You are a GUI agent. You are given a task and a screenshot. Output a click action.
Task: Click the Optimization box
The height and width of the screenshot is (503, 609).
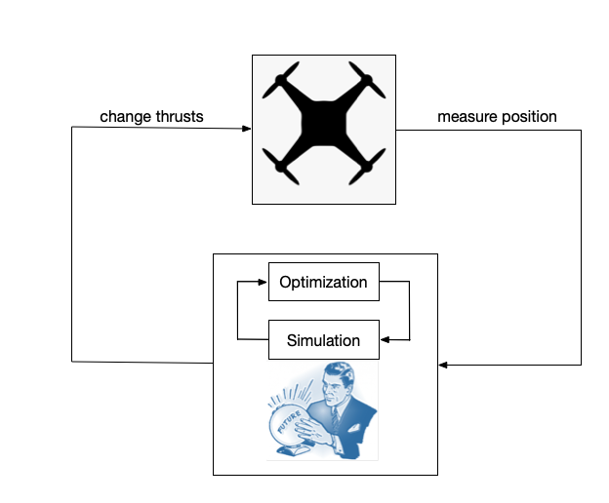(x=323, y=283)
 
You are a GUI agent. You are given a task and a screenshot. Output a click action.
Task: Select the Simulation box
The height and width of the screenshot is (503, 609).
(x=323, y=340)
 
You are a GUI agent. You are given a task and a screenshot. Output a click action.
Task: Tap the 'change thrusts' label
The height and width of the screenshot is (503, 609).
(x=151, y=116)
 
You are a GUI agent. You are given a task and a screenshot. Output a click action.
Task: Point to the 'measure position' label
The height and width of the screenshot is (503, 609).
(x=497, y=116)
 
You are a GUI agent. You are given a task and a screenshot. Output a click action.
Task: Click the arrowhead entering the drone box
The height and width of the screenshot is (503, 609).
(x=247, y=128)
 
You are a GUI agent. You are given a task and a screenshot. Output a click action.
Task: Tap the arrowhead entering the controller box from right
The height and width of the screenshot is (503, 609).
(x=443, y=365)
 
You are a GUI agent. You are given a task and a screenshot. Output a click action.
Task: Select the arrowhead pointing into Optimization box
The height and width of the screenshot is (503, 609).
(x=264, y=283)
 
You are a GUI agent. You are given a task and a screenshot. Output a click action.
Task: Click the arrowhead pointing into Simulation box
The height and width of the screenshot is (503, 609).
(x=383, y=340)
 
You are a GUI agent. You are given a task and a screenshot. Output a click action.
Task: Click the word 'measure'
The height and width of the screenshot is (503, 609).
(x=465, y=116)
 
